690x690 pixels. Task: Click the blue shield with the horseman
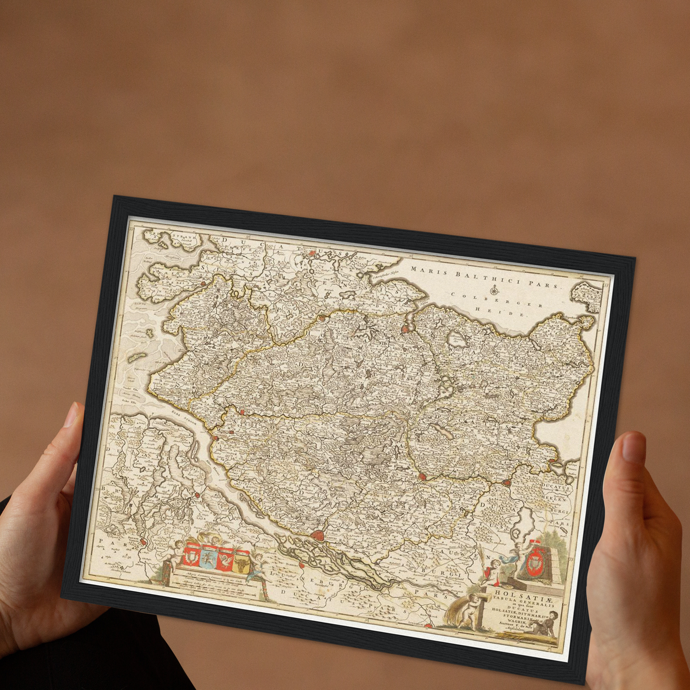208,556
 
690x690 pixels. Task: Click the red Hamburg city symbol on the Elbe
317,536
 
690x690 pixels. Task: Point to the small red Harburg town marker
302,566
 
